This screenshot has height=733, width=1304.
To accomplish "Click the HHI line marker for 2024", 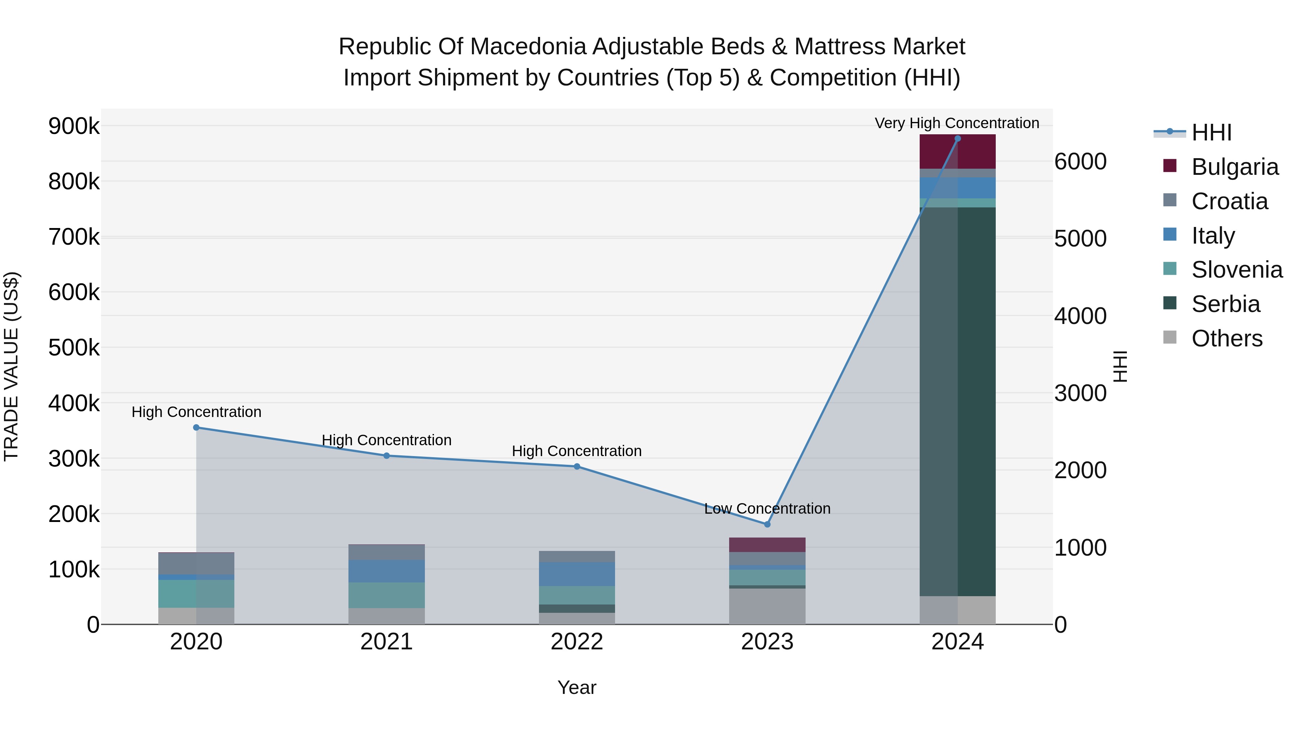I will click(x=957, y=139).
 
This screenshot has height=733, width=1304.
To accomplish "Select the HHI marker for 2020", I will click(x=196, y=427).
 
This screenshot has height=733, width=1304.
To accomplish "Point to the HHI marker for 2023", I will click(x=767, y=525).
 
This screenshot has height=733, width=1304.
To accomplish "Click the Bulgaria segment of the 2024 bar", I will click(x=957, y=151).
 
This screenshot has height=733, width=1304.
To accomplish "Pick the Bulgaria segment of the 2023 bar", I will click(x=767, y=545).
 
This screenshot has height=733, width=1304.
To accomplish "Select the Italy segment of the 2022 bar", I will click(x=577, y=574).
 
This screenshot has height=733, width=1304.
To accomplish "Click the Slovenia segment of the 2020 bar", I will click(x=196, y=594).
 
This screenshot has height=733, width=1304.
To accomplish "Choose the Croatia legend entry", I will click(x=1229, y=201).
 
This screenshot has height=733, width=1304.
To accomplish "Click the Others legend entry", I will click(x=1226, y=338).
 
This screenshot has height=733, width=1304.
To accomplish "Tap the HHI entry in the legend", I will click(x=1211, y=132).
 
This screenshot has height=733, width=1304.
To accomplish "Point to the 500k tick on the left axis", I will click(x=74, y=348).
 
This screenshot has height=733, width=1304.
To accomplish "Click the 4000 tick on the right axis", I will click(x=1080, y=316).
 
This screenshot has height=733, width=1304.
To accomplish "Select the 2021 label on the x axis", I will click(x=386, y=642).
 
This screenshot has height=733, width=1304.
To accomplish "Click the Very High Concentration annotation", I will click(x=957, y=123).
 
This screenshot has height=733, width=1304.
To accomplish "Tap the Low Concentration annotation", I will click(x=767, y=509).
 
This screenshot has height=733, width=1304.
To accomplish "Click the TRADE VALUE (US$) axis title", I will click(x=11, y=366).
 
